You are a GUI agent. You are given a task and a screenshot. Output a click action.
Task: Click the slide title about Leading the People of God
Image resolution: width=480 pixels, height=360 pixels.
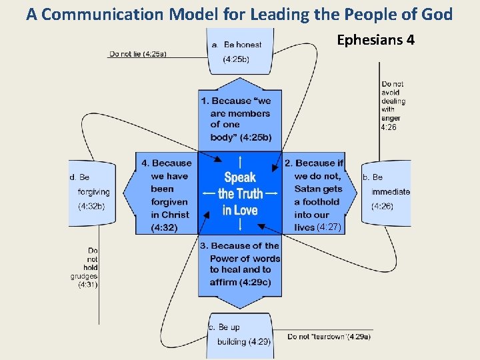click(239, 14)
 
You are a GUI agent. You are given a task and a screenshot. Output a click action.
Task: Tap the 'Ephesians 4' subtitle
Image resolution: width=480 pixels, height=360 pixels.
click(375, 40)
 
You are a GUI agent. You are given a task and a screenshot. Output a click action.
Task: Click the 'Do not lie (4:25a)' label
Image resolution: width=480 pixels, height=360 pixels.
click(138, 54)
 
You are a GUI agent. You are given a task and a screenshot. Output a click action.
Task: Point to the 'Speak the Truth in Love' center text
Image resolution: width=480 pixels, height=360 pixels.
click(240, 193)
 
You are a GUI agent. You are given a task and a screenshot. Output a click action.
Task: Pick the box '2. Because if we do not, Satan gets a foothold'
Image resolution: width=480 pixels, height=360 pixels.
click(318, 195)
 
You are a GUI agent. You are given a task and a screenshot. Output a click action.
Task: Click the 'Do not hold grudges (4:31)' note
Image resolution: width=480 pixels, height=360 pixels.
click(85, 267)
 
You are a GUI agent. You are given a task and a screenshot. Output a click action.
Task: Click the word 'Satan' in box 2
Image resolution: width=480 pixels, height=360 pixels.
click(309, 189)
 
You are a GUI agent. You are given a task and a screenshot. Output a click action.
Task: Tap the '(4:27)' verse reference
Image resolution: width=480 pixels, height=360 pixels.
click(329, 227)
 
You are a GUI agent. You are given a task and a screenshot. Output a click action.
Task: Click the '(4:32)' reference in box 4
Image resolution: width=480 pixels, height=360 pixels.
click(164, 227)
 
